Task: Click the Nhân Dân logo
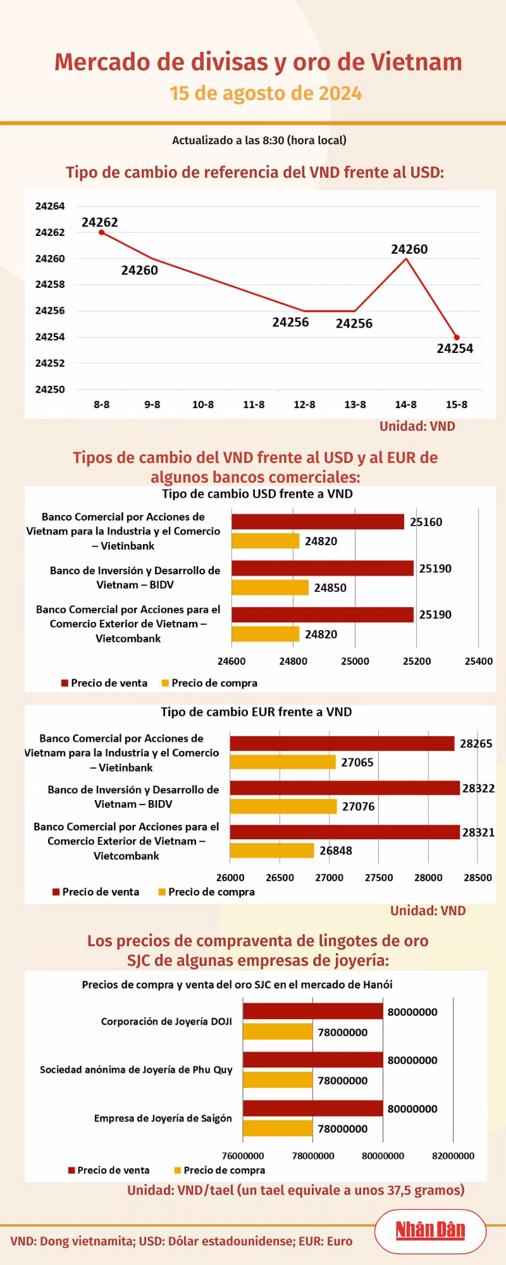point(430,1230)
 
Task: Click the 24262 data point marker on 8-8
point(101,232)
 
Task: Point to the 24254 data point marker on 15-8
point(457,337)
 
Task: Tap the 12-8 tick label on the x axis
point(304,405)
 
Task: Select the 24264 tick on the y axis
point(50,206)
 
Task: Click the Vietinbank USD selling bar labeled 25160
point(318,521)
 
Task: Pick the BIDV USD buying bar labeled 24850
point(270,588)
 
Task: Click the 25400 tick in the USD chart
point(478,662)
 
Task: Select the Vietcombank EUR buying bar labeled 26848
point(272,851)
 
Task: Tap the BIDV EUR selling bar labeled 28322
point(345,788)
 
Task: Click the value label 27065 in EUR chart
point(357,763)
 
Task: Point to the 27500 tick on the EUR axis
point(379,878)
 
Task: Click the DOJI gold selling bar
point(313,1011)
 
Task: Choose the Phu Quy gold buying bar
point(278,1080)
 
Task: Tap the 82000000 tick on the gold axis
point(453,1156)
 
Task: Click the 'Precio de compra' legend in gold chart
point(219,1170)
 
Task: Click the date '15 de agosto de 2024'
point(266,94)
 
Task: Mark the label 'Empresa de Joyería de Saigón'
point(163,1118)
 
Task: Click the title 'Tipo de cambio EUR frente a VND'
point(256,712)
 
